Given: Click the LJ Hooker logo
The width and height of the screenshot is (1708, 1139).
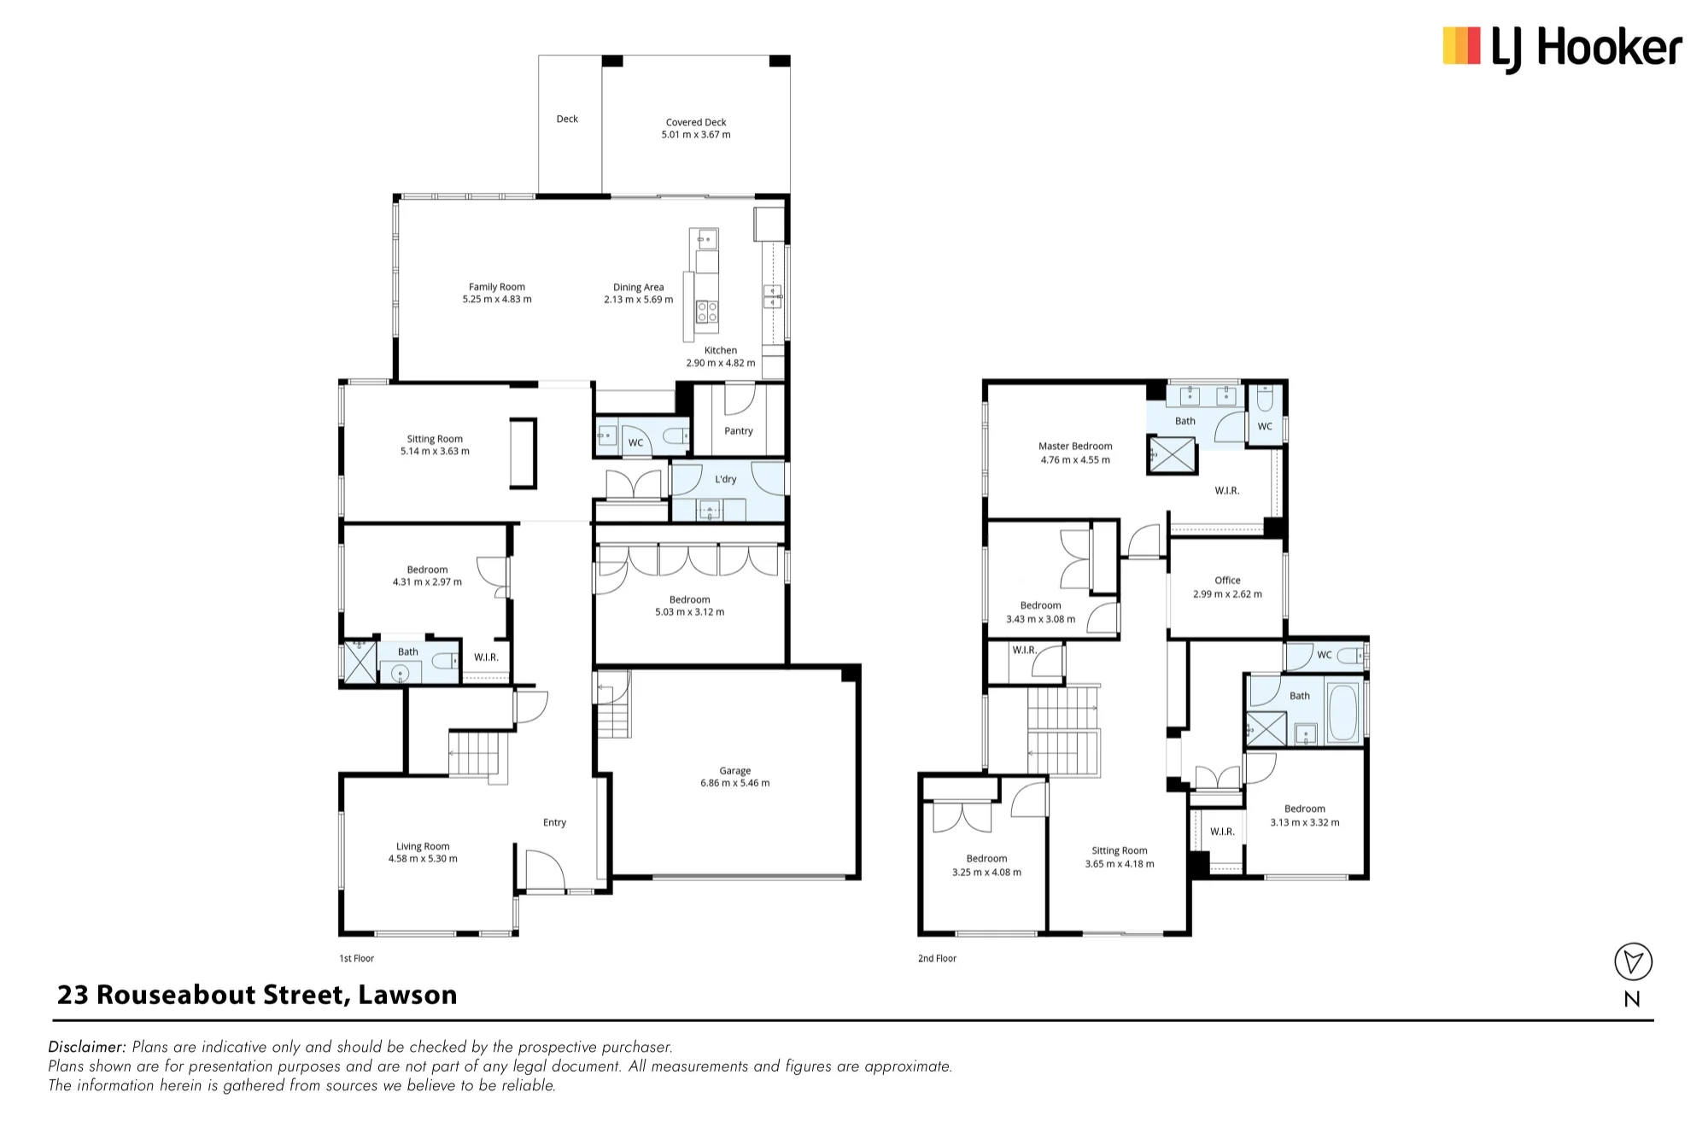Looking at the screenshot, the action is [1562, 48].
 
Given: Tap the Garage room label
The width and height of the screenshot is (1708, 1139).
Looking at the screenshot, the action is [734, 770].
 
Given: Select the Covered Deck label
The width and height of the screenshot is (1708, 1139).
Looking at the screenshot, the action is [696, 122].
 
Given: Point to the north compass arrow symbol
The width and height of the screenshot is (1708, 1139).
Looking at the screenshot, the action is [1633, 961].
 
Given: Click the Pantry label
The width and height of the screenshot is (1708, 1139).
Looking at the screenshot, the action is [739, 431].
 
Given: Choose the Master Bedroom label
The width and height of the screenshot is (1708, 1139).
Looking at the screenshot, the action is [1075, 446].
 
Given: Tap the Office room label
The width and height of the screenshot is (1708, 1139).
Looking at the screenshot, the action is [1227, 580].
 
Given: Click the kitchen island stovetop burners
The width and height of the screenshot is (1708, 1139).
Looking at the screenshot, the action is [707, 312].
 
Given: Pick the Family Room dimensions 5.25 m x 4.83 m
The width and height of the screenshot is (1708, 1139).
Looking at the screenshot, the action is [497, 300].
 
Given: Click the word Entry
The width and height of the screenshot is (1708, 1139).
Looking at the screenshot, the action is [554, 822].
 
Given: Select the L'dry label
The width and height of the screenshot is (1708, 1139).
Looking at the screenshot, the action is [725, 479].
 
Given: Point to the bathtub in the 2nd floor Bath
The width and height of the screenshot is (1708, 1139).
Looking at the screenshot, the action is [1343, 712].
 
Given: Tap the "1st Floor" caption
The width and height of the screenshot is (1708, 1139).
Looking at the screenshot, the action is [357, 958].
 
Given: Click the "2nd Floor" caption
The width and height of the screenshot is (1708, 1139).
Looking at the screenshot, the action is [937, 958].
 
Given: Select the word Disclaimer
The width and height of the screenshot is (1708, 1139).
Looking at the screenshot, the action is [87, 1047].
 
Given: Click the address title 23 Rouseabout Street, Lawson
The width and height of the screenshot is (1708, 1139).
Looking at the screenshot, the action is [257, 995].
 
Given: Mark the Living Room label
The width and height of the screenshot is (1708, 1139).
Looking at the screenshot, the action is [423, 846].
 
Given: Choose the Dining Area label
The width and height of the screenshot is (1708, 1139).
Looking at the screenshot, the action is [638, 287].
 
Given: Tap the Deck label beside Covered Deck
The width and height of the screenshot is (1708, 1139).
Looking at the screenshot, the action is [567, 119].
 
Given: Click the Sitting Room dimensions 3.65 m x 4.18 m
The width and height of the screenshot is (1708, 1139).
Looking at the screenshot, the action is [1120, 864].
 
